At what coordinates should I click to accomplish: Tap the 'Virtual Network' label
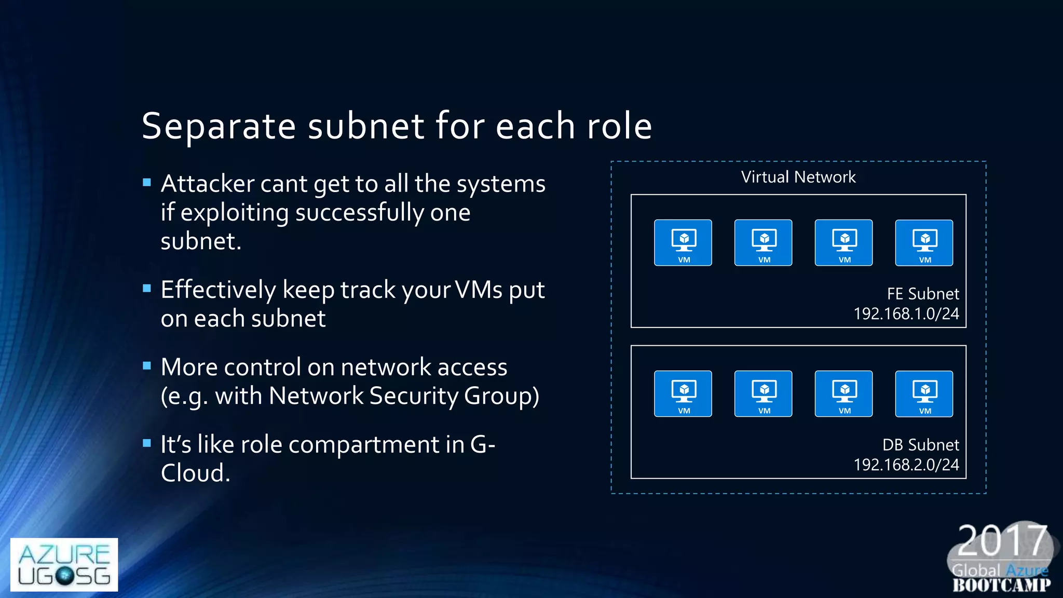[798, 177]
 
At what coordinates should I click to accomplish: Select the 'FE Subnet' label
[922, 294]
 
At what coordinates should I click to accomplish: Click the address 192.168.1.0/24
[906, 314]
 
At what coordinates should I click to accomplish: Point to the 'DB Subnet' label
[920, 445]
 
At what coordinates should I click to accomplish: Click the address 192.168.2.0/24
[906, 465]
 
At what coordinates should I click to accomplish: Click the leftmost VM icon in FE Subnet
[683, 243]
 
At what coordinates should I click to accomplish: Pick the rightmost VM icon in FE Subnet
[924, 243]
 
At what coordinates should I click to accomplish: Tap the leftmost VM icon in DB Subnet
[683, 393]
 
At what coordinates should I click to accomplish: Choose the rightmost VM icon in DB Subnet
[924, 393]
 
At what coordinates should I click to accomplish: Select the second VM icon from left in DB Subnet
[763, 393]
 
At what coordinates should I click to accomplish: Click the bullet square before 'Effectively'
[147, 288]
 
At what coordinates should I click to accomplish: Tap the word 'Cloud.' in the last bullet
[195, 473]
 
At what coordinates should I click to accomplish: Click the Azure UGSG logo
[64, 564]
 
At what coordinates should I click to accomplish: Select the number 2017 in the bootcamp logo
[1002, 541]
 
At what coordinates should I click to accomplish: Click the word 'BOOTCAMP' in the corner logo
[1001, 585]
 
